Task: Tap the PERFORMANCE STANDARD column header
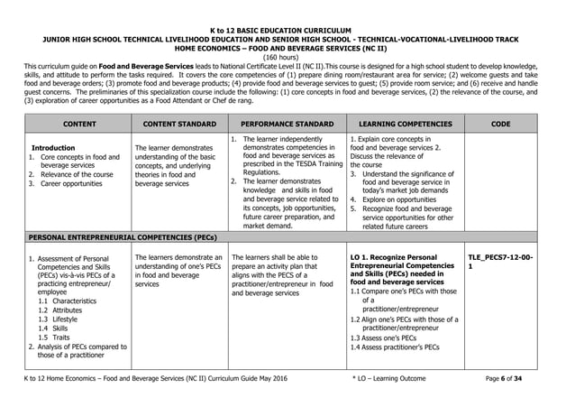287,124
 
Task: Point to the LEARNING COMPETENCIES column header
404,124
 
